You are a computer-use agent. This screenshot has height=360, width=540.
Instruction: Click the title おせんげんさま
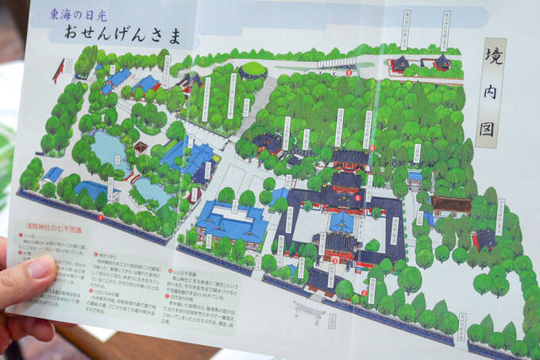(124, 35)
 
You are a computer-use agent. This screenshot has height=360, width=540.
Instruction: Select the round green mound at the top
(253, 70)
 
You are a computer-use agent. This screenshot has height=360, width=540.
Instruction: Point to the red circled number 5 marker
(358, 199)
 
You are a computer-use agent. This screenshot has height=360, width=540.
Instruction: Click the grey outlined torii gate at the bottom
(309, 311)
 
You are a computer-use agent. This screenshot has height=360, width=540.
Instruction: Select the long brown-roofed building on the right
(451, 205)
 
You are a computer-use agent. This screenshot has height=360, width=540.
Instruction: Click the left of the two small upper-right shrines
(400, 63)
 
